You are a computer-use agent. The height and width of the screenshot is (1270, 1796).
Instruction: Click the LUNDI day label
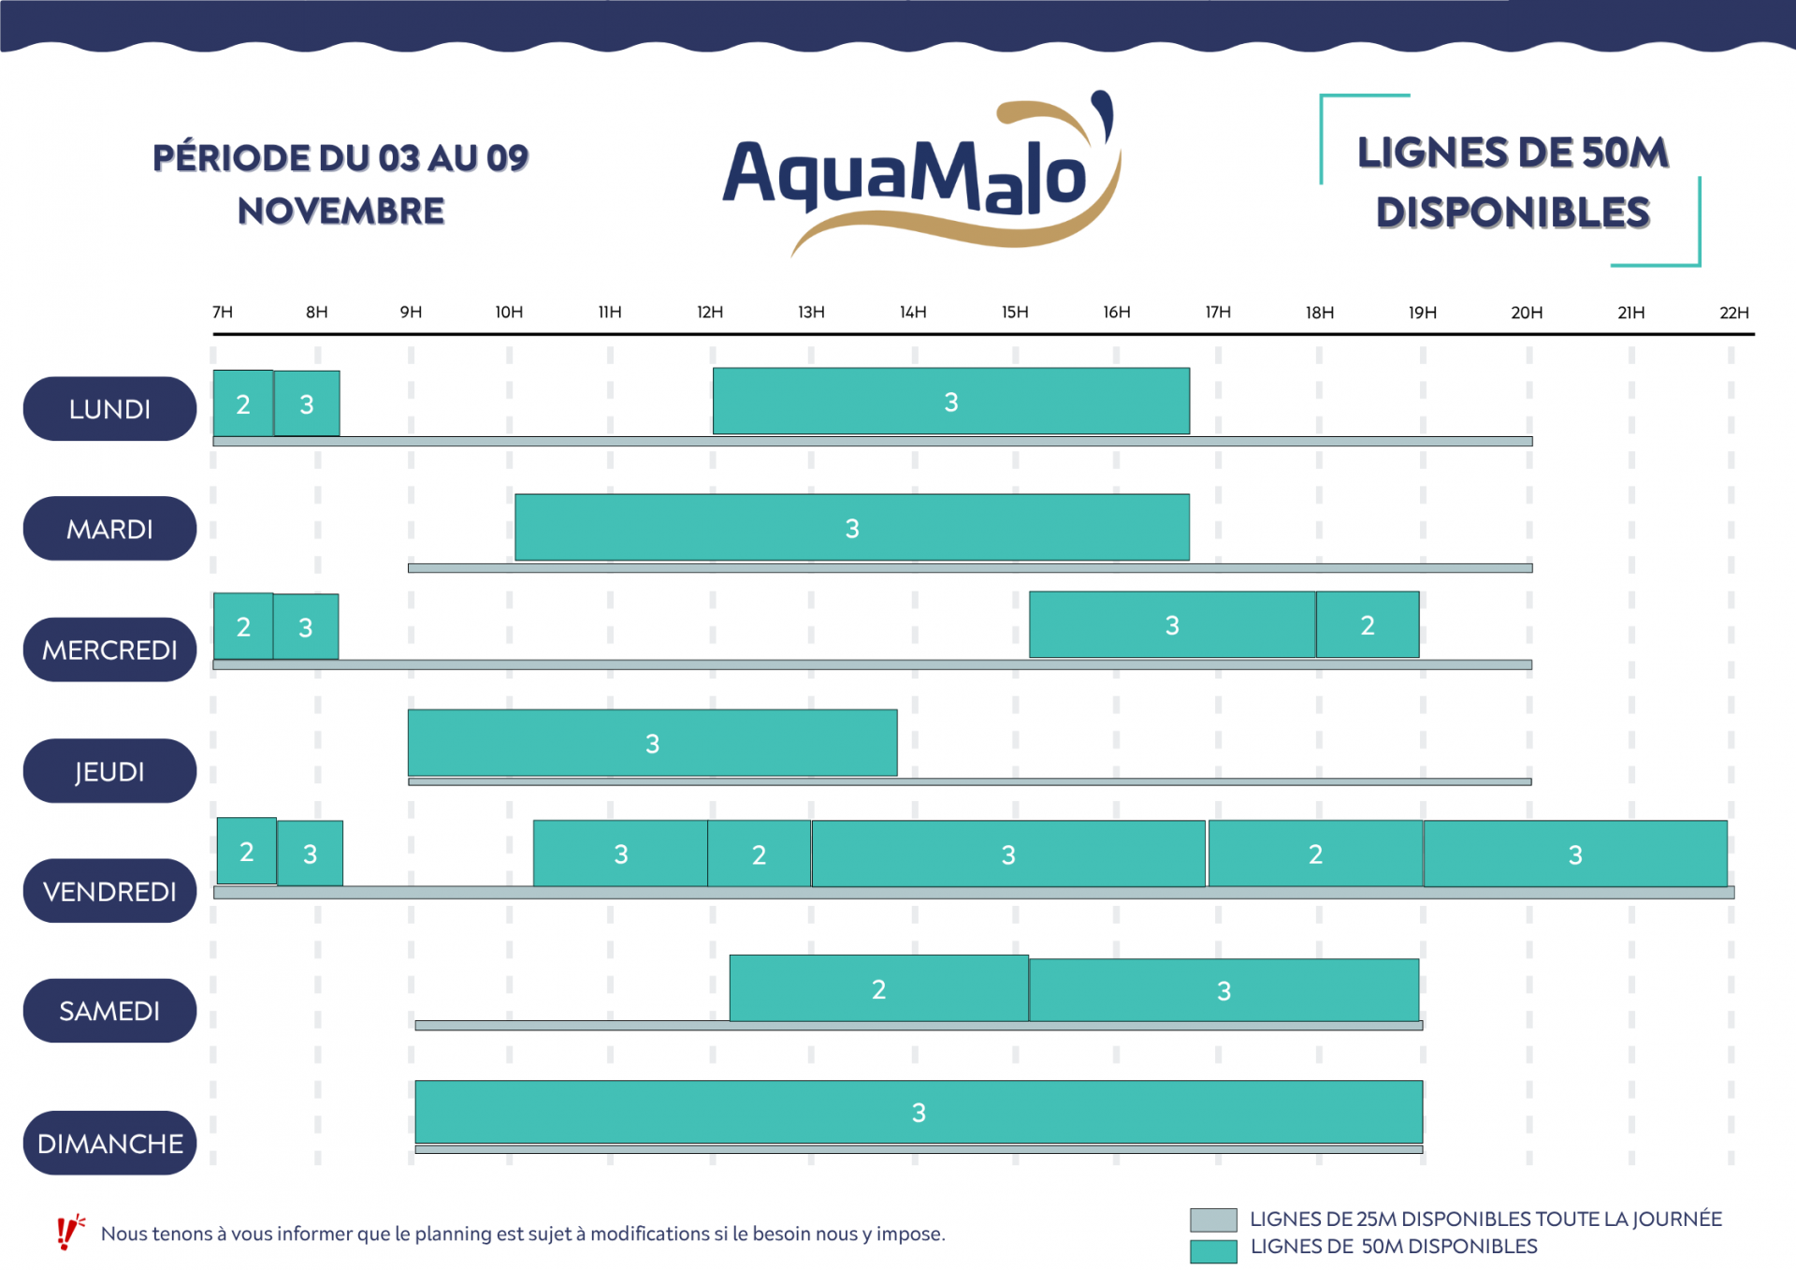[109, 409]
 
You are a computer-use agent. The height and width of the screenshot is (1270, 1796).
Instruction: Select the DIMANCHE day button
[109, 1143]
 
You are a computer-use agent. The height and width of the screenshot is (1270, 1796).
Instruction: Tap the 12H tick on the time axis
[710, 313]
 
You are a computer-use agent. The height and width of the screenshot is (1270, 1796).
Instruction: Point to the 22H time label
[1733, 313]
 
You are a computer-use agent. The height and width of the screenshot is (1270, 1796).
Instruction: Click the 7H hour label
[223, 313]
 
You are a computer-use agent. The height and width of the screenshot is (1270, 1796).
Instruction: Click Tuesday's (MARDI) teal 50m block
[851, 528]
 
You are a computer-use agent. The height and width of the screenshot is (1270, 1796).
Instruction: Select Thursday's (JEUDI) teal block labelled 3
[652, 743]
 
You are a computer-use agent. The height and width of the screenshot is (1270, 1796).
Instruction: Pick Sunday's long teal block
[918, 1112]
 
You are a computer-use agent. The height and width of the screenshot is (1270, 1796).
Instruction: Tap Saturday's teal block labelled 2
[878, 989]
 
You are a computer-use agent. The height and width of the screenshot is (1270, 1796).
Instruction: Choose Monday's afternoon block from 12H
[950, 401]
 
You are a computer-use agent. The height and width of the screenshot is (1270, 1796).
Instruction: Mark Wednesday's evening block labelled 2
[1367, 625]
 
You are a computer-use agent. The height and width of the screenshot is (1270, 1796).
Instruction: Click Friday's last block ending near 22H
[1575, 854]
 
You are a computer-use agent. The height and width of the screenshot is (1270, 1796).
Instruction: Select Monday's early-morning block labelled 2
[243, 404]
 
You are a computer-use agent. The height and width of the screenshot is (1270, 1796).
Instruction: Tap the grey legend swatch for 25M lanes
[1213, 1219]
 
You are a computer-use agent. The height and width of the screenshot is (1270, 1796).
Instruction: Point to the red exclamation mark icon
[68, 1233]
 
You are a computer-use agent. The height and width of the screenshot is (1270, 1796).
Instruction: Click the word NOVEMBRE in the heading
[340, 212]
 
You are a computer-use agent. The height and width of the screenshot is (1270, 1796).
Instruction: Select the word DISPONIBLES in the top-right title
[1513, 213]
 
